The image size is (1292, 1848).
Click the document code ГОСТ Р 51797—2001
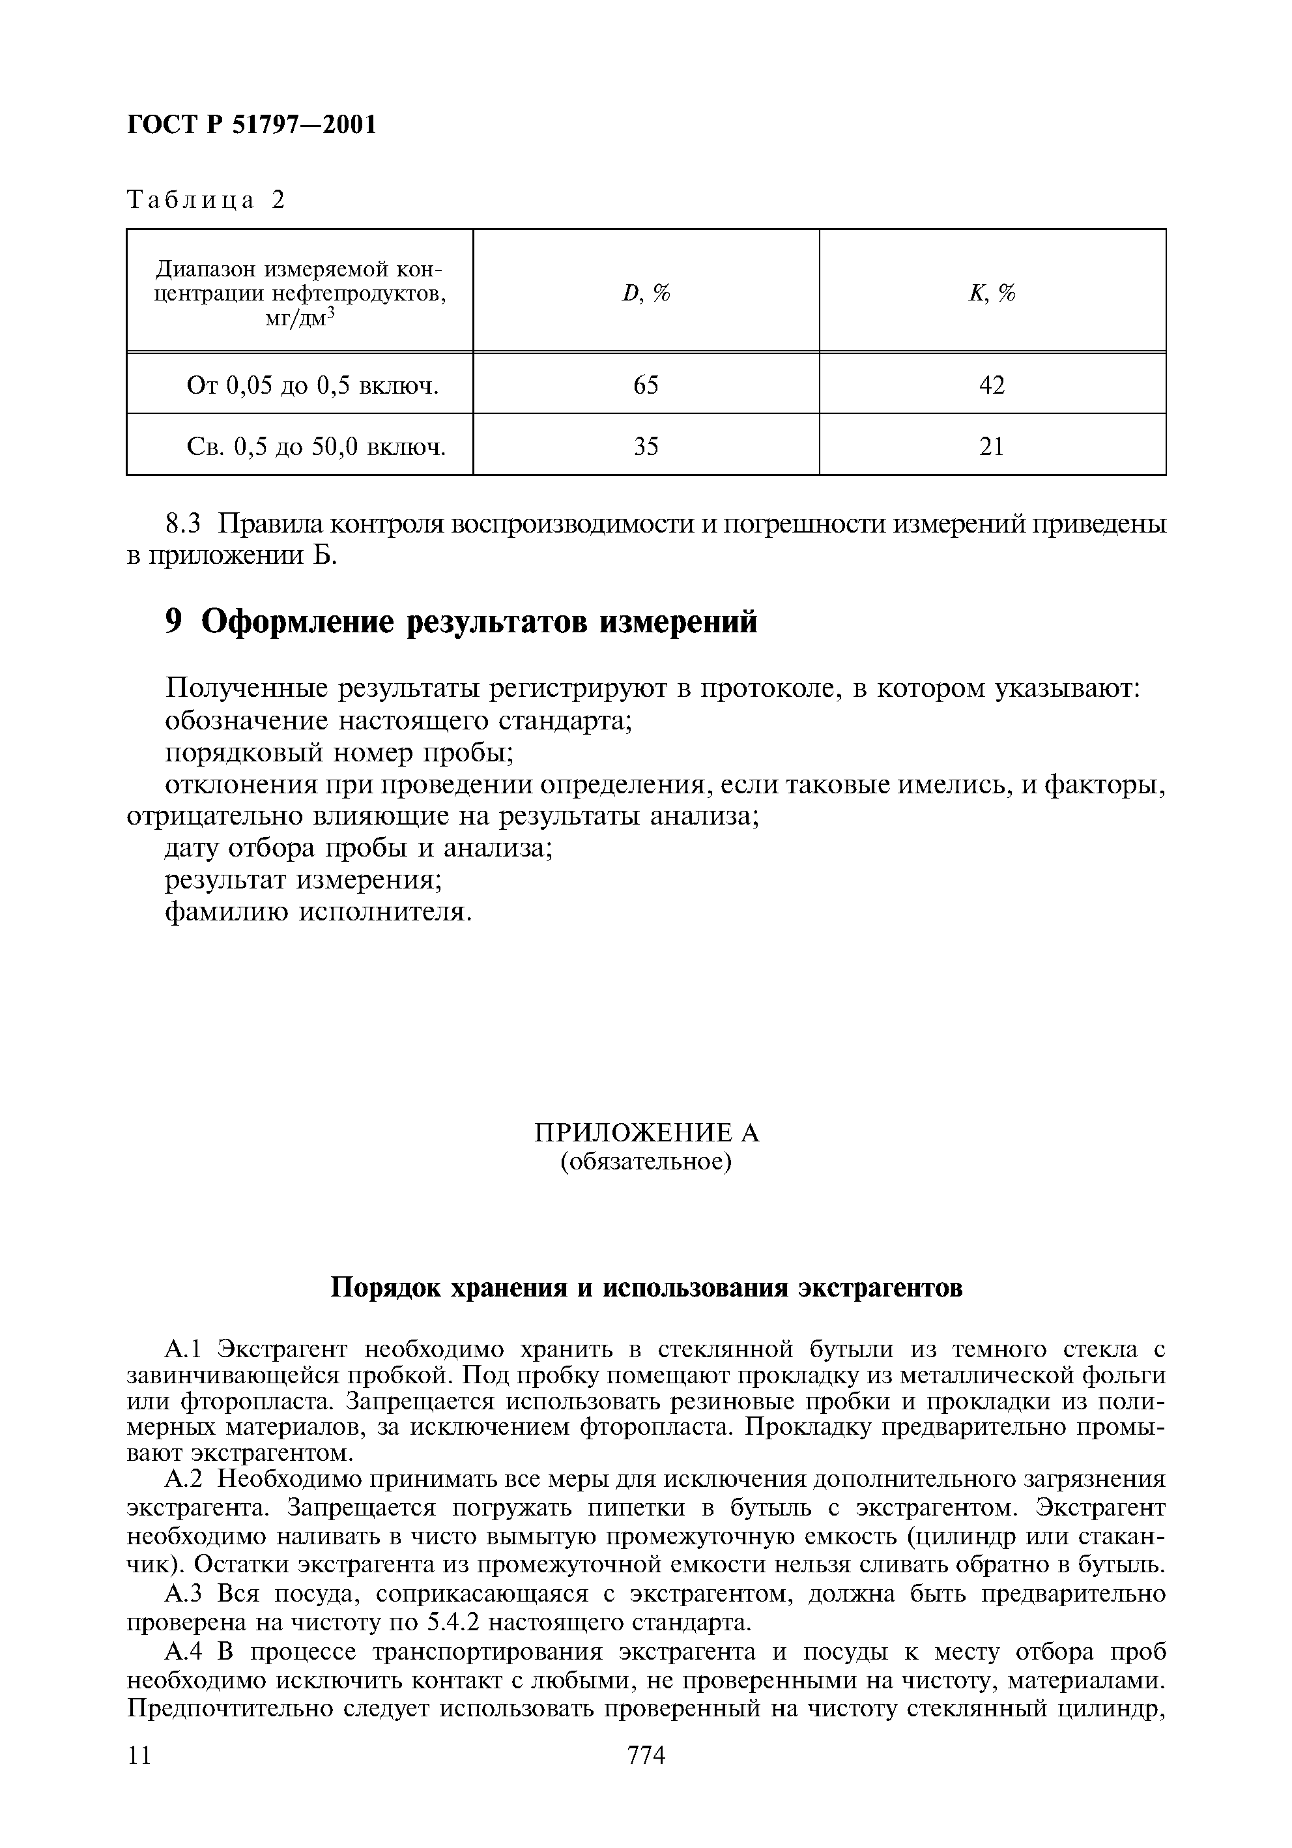click(251, 125)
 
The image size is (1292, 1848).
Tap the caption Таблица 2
click(206, 199)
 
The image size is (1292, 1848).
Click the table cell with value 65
click(646, 385)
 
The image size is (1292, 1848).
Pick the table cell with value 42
click(992, 385)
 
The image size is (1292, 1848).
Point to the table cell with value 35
click(646, 446)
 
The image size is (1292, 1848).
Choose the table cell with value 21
click(992, 446)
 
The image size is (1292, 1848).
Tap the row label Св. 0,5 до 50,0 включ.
click(316, 447)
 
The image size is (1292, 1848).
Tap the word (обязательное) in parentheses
click(646, 1162)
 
